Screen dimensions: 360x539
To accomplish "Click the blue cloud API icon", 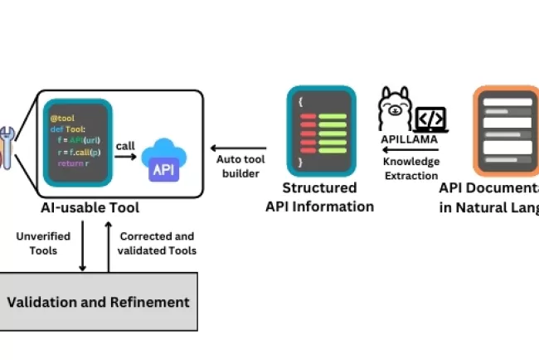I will coord(164,163).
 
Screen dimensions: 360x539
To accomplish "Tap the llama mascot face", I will coord(395,108).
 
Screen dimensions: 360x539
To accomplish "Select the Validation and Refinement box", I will coord(99,302).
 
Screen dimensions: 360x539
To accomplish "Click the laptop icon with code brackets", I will coord(431,119).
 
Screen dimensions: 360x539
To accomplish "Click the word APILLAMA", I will coord(410,139).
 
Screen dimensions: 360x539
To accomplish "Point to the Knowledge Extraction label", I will coord(411,168).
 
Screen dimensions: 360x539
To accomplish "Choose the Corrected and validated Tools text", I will coord(157,243).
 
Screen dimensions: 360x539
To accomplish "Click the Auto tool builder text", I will coord(239,167).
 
